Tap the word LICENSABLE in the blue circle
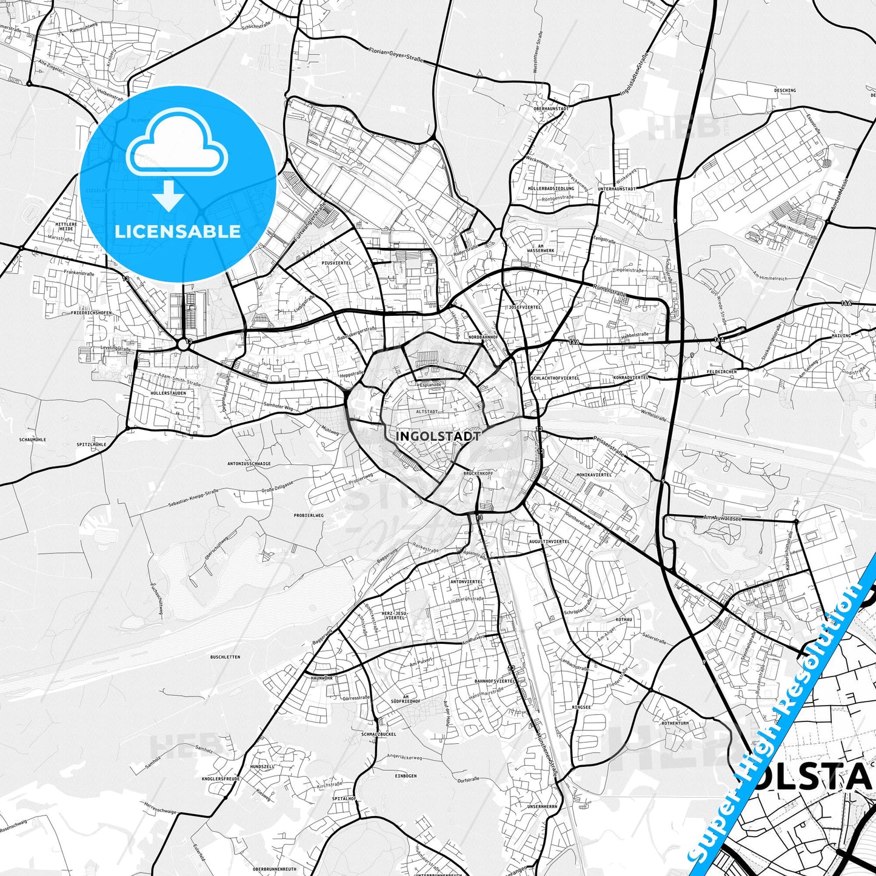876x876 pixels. (178, 231)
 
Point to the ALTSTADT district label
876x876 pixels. (427, 412)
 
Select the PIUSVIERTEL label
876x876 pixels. (336, 263)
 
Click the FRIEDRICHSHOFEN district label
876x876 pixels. (92, 313)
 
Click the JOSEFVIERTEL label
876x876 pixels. (525, 307)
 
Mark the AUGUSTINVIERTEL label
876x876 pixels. (549, 541)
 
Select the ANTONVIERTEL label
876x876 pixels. (466, 581)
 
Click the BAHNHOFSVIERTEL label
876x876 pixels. (495, 681)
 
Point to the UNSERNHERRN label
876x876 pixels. (542, 807)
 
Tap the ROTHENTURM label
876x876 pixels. (675, 723)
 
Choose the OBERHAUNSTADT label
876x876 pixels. (550, 109)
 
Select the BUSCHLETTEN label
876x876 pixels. (225, 657)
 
